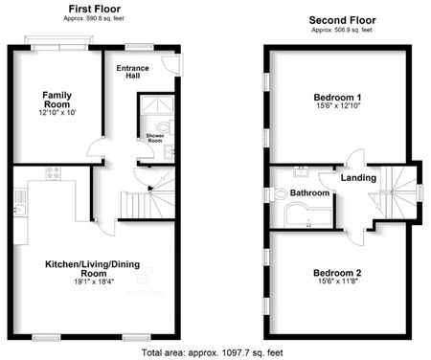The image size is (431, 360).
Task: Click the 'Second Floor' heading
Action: [x=341, y=19]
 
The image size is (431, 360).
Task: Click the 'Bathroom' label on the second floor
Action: [x=310, y=193]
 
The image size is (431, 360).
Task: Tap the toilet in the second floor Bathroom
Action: [x=280, y=194]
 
